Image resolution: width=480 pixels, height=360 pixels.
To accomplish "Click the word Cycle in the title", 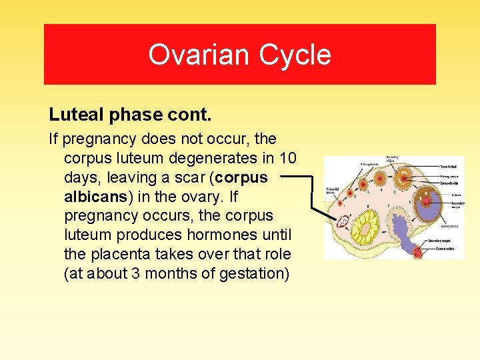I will [297, 55].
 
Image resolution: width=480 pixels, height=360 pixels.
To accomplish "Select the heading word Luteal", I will [74, 115].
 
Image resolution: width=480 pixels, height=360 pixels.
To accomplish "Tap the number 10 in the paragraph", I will [287, 158].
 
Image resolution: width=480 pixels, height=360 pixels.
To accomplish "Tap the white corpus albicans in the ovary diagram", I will [345, 222].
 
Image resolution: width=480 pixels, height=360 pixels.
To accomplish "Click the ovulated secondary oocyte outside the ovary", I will [418, 253].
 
